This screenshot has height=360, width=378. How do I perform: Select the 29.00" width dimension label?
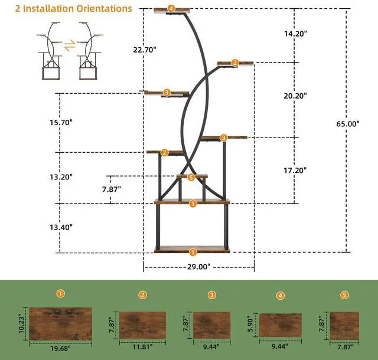click(x=198, y=267)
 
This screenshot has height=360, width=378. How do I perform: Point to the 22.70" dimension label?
click(x=144, y=50)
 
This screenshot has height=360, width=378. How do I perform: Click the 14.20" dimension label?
click(x=296, y=34)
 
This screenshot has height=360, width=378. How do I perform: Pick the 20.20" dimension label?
click(x=296, y=96)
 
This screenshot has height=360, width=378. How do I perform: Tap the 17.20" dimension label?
click(x=296, y=170)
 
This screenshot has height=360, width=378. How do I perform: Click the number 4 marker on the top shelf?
click(x=171, y=8)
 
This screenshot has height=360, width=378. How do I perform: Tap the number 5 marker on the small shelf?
click(x=191, y=177)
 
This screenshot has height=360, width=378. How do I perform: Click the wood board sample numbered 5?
click(x=344, y=325)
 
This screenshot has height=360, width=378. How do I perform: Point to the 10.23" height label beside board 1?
click(x=23, y=323)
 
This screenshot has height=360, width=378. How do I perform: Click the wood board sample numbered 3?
click(x=211, y=325)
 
